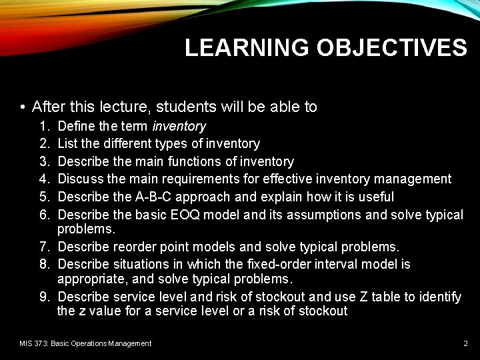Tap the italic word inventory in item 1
coord(179,126)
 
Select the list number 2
coord(43,144)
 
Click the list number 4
coord(43,179)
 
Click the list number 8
coord(43,265)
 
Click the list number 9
coord(43,297)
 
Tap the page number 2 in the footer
coord(465,343)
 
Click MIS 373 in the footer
coord(33,343)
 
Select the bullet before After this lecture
coord(23,107)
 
